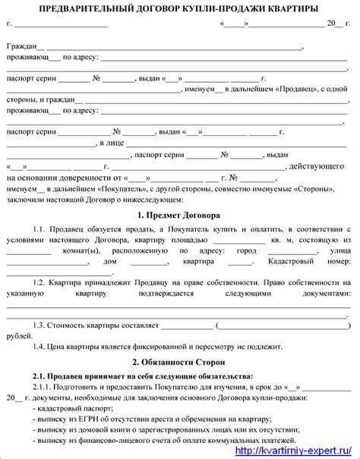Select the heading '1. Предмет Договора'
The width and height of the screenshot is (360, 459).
179,215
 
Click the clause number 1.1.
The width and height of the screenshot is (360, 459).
39,228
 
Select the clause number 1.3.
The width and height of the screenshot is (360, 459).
39,325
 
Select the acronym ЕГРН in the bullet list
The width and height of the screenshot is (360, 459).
82,419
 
